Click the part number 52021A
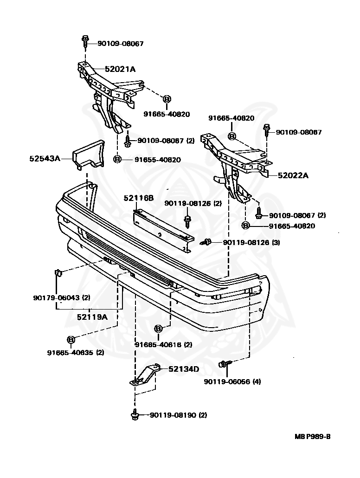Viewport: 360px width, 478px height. pyautogui.click(x=120, y=69)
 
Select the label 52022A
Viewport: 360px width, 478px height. pyautogui.click(x=293, y=175)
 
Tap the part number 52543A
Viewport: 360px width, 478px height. pyautogui.click(x=45, y=159)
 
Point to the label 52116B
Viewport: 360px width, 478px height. pyautogui.click(x=138, y=198)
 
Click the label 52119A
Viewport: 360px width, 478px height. pyautogui.click(x=92, y=317)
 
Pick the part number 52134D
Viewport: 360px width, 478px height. pyautogui.click(x=184, y=369)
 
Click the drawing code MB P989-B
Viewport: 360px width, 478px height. pyautogui.click(x=312, y=437)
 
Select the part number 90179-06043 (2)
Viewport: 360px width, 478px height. pyautogui.click(x=62, y=297)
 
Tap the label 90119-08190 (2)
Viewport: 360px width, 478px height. pyautogui.click(x=178, y=415)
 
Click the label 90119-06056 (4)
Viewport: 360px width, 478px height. pyautogui.click(x=232, y=381)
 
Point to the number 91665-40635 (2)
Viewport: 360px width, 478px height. pyautogui.click(x=76, y=352)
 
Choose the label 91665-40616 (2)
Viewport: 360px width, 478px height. pyautogui.click(x=163, y=345)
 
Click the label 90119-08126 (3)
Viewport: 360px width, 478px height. pyautogui.click(x=251, y=243)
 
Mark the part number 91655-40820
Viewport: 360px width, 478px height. pyautogui.click(x=158, y=160)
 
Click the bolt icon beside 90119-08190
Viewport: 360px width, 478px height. pyautogui.click(x=134, y=415)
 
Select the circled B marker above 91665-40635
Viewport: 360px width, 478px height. pyautogui.click(x=71, y=339)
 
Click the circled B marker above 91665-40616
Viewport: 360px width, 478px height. pyautogui.click(x=158, y=329)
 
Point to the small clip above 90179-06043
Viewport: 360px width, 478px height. pyautogui.click(x=58, y=273)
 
